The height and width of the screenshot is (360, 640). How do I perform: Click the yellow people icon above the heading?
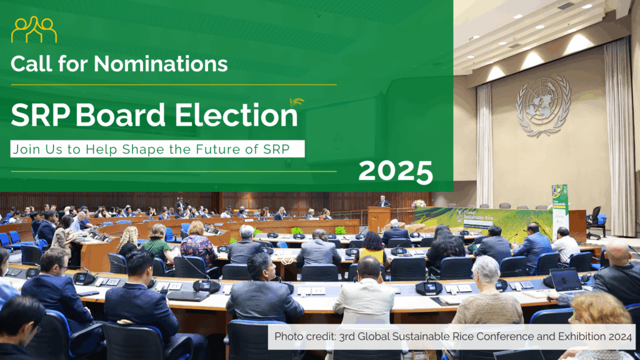point(34,29)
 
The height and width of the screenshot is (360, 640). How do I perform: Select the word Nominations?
point(161,64)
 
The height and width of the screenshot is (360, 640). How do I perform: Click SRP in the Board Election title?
point(41,115)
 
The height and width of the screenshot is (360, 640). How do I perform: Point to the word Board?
point(121,115)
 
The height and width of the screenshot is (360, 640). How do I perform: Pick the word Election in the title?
point(236,115)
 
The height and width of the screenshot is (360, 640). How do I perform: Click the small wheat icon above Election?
point(297,101)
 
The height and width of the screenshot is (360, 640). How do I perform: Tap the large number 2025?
point(396,171)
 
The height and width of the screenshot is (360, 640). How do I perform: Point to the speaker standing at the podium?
point(383,201)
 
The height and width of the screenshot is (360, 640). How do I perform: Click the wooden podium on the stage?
point(379,219)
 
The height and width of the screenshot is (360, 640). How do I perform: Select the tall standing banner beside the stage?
point(560,210)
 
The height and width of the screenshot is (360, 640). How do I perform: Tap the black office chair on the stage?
point(596,222)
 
